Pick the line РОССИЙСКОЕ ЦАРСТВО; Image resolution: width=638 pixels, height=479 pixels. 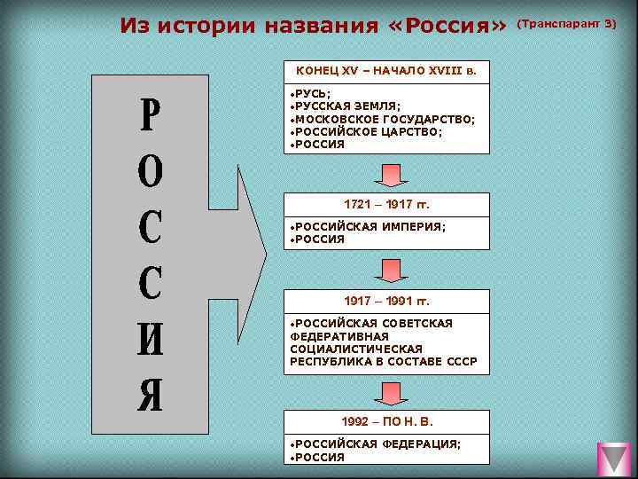(x=367, y=130)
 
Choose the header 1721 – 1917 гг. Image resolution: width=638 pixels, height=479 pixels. (x=386, y=204)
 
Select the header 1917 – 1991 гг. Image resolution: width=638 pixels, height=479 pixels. (x=386, y=301)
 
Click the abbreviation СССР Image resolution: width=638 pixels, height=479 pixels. (x=459, y=361)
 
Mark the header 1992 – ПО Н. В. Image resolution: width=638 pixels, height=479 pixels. (x=386, y=421)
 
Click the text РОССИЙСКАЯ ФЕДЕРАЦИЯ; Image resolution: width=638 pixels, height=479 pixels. (x=377, y=444)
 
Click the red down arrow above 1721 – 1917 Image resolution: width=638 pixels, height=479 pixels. (x=389, y=175)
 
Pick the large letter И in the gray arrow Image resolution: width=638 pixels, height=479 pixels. (x=151, y=339)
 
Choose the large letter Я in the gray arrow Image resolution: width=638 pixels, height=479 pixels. (x=151, y=395)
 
